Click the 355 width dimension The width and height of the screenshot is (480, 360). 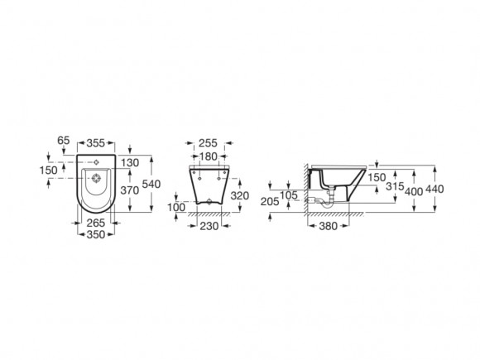pos(96,143)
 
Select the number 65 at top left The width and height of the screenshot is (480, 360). pos(64,141)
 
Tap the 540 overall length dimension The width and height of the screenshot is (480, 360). pos(151,184)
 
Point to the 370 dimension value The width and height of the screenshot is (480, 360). pos(129,190)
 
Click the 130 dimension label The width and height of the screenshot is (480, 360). pos(130,163)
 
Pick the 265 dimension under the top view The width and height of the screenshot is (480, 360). pos(95,223)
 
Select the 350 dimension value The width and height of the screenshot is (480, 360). pos(96,235)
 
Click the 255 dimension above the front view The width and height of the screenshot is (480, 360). pos(208,143)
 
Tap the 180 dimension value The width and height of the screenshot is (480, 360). pos(209,156)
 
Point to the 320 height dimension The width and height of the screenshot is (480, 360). pos(240,195)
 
